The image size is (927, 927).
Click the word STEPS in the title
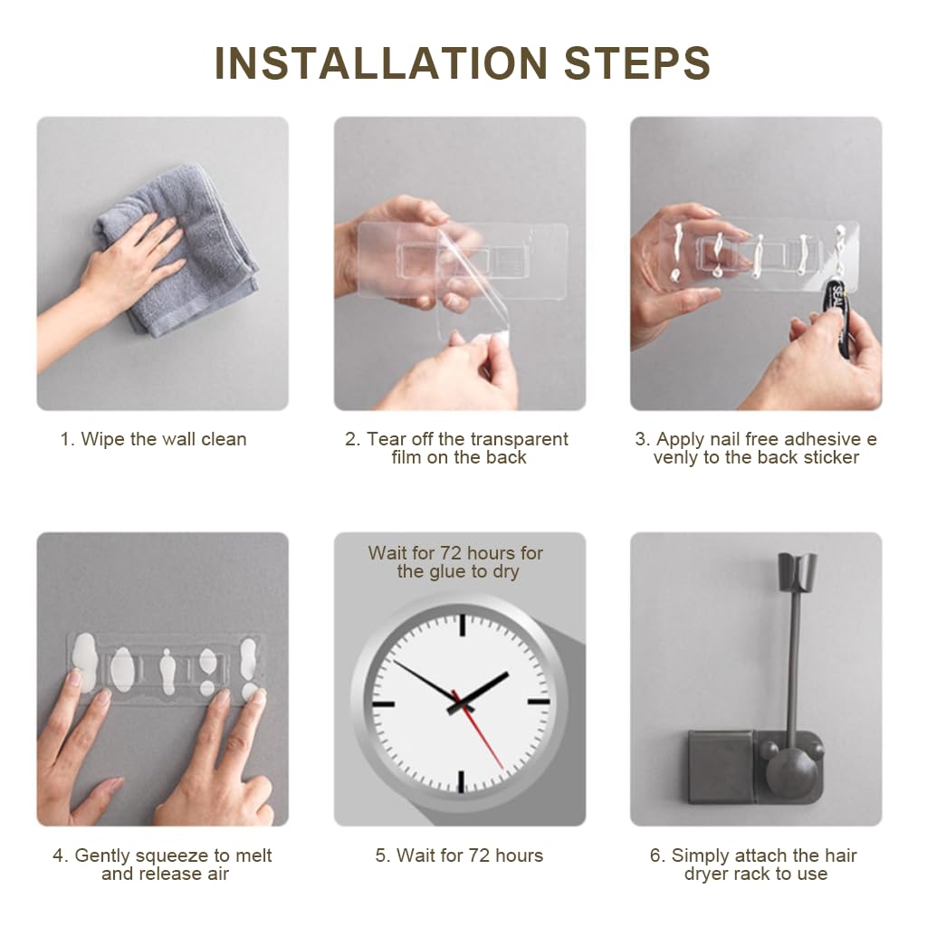click(637, 62)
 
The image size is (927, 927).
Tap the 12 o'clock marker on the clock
click(461, 625)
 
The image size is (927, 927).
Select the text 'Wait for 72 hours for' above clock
click(455, 552)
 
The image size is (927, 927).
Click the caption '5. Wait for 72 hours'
click(459, 855)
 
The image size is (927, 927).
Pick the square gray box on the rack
click(720, 765)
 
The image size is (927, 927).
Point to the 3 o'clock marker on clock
click(539, 702)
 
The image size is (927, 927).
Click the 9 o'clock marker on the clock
click(382, 702)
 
